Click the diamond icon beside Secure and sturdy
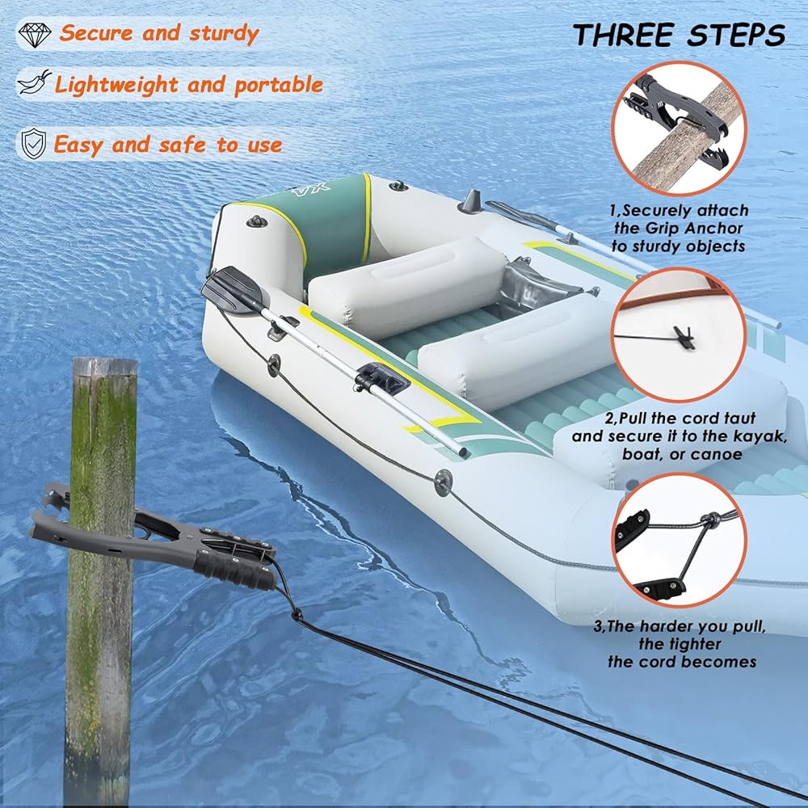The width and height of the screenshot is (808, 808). [x=35, y=34]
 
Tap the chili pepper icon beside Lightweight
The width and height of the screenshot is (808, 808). [x=35, y=82]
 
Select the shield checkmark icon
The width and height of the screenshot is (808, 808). [x=33, y=143]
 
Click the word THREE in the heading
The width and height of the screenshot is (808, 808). [x=624, y=35]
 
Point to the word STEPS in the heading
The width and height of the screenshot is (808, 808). [x=736, y=35]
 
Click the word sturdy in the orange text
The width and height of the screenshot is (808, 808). [x=224, y=34]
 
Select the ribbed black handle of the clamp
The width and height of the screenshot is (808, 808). [x=235, y=571]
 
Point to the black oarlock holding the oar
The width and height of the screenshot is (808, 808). [x=382, y=377]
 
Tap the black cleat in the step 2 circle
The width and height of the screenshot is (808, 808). [x=685, y=337]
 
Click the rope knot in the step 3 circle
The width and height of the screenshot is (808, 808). [x=709, y=520]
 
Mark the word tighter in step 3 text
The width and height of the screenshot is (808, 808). [x=680, y=644]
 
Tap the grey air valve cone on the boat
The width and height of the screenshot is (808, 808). [x=471, y=201]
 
